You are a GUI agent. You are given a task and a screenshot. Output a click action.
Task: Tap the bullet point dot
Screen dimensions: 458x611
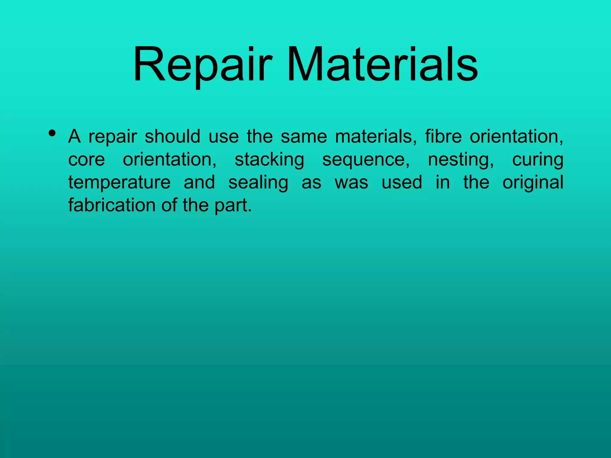[52, 133]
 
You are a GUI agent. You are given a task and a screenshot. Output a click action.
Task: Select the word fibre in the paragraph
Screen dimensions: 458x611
[443, 136]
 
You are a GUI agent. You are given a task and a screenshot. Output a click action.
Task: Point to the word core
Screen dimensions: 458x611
[87, 160]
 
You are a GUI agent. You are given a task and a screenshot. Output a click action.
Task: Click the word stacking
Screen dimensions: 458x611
[269, 160]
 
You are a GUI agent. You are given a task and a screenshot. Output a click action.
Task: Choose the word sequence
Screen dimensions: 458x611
[366, 160]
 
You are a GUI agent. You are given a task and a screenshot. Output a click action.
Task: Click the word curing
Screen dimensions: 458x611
[538, 160]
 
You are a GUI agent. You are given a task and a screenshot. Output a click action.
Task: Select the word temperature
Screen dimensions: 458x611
[119, 182]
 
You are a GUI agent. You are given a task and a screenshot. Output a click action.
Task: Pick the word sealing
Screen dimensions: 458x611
[258, 182]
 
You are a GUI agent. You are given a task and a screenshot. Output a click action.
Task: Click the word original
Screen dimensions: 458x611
[533, 182]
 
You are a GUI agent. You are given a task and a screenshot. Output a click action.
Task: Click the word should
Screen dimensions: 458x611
[172, 136]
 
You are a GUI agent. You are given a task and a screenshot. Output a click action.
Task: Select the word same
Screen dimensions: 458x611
[304, 137]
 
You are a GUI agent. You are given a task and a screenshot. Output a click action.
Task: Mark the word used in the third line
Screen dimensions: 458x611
[402, 182]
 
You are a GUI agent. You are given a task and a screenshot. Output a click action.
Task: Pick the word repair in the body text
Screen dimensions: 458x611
[113, 137]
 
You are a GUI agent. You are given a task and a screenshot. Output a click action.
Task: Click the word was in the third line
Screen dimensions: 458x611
[351, 182]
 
